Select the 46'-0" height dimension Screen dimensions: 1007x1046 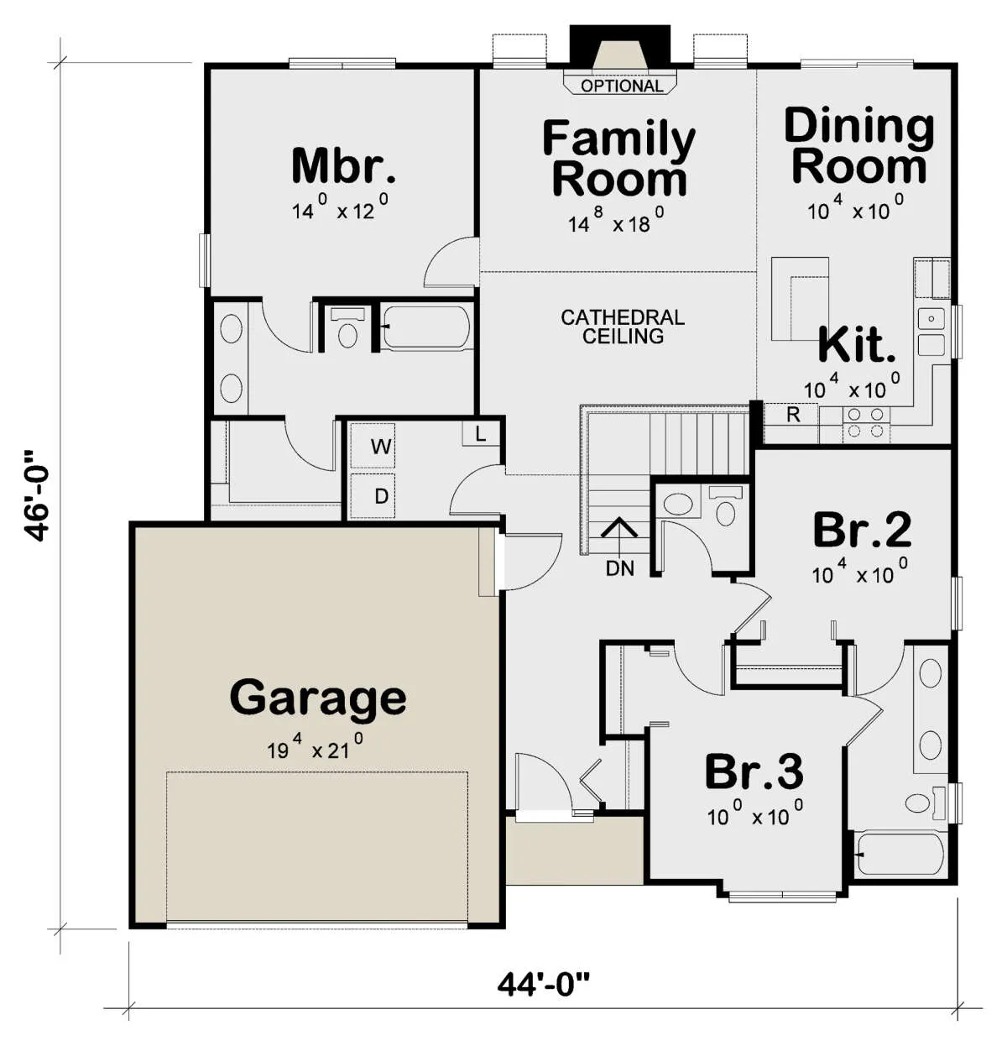(x=37, y=495)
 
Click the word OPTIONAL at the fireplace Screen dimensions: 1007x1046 (x=622, y=86)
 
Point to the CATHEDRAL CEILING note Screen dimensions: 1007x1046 (x=623, y=327)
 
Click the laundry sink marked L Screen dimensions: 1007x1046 (x=481, y=433)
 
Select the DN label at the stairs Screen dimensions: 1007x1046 (x=620, y=568)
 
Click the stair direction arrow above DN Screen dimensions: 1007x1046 (x=619, y=536)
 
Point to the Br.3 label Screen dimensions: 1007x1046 (x=754, y=772)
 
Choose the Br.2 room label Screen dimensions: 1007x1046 (x=862, y=530)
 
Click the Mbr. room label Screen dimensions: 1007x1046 (x=343, y=166)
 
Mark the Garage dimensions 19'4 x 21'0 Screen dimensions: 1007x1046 (x=315, y=748)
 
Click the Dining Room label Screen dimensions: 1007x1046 (x=859, y=146)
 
